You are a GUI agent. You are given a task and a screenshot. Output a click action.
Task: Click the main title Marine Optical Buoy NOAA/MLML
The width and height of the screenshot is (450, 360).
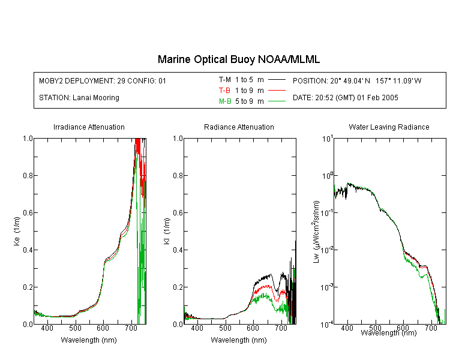[x=239, y=59]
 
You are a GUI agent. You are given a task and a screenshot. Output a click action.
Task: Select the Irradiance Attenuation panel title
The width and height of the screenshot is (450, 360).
[x=89, y=127]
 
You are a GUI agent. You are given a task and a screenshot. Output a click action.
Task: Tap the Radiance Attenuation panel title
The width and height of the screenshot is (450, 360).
[x=239, y=127]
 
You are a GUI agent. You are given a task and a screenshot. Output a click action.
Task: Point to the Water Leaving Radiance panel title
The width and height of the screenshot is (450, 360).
[x=389, y=127]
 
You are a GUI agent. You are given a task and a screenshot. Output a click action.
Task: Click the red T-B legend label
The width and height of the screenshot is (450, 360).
[x=224, y=91]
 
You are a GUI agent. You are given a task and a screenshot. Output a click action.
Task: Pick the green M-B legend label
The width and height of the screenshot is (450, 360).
[x=225, y=101]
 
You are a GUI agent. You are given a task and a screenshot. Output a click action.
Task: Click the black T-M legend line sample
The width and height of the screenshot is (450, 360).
[x=277, y=80]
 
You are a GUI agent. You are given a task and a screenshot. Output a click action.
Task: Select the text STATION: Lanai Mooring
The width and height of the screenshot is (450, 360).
[x=79, y=98]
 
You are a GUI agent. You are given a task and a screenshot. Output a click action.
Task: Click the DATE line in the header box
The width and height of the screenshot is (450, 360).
[x=346, y=98]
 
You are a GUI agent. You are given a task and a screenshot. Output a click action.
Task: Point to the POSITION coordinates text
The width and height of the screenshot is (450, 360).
[x=357, y=81]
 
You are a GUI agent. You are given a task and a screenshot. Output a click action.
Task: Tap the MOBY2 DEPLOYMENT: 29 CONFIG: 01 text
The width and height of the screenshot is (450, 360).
[x=103, y=81]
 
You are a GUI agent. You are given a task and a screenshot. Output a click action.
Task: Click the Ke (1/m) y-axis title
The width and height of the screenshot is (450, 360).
[x=17, y=231]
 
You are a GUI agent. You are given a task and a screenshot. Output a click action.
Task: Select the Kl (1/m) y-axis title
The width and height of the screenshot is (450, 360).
[x=167, y=231]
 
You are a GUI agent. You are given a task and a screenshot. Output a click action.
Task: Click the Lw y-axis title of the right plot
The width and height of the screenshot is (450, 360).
[x=316, y=232]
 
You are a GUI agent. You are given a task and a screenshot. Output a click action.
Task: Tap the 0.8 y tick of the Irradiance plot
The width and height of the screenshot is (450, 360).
[x=28, y=175]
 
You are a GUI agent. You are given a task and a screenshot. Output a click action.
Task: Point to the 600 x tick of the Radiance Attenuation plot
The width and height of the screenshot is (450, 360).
[x=253, y=328]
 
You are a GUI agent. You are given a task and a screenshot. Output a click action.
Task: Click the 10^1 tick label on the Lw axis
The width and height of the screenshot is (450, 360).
[x=327, y=139]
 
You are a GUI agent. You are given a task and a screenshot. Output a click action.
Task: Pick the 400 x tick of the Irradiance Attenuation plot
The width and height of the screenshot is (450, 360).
[x=47, y=328]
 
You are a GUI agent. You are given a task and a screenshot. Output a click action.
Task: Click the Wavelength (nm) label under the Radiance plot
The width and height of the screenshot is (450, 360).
[x=239, y=340]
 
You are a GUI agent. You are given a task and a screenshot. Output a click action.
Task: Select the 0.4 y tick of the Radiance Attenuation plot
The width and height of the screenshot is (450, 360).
[x=178, y=250]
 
